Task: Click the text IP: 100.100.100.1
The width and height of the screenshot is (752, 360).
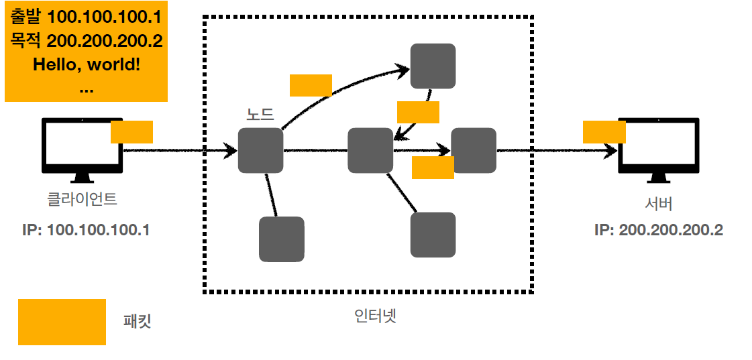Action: [86, 230]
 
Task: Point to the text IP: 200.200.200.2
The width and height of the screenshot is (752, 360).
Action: [659, 230]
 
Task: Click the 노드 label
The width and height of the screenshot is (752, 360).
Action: [260, 115]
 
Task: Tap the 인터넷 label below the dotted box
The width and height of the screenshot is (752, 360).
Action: [376, 315]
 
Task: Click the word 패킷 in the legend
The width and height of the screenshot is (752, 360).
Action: [138, 321]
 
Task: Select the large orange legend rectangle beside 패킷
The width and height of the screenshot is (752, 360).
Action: [62, 322]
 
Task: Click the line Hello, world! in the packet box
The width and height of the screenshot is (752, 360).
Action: [87, 65]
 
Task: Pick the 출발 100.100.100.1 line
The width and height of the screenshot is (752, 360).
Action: [86, 15]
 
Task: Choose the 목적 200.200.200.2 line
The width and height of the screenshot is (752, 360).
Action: [86, 40]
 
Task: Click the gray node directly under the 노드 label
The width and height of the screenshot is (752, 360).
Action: [260, 151]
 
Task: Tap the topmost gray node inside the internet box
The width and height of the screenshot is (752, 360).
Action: [433, 66]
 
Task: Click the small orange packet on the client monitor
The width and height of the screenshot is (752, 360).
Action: [131, 131]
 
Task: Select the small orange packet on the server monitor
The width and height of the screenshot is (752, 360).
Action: [604, 131]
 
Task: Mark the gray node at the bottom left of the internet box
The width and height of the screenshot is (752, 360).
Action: [282, 239]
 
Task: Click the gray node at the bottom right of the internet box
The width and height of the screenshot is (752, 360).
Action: [433, 235]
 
